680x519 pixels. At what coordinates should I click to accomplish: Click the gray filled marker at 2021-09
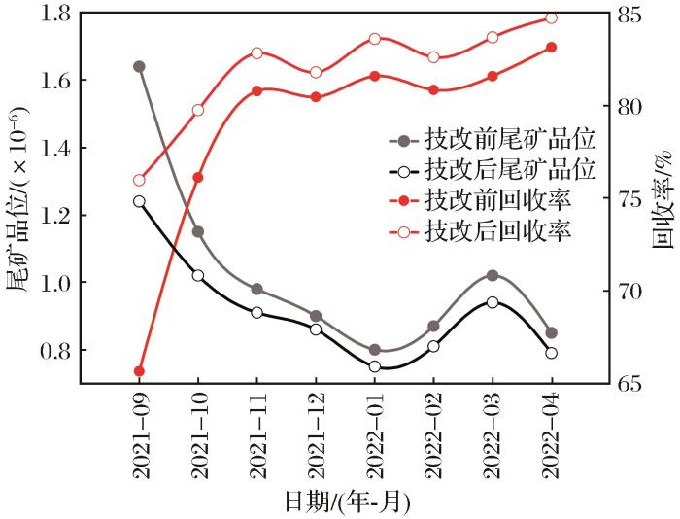tap(139, 67)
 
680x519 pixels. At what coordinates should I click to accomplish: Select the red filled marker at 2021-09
tap(139, 371)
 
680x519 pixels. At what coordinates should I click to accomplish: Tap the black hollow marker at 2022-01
tap(374, 366)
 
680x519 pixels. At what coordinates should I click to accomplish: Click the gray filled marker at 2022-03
tap(492, 276)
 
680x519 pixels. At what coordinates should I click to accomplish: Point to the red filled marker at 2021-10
tap(198, 177)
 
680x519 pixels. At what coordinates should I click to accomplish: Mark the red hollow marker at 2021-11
tap(256, 52)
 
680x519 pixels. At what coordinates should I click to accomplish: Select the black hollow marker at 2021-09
tap(139, 202)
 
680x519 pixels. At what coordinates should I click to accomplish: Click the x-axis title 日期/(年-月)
tap(347, 502)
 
